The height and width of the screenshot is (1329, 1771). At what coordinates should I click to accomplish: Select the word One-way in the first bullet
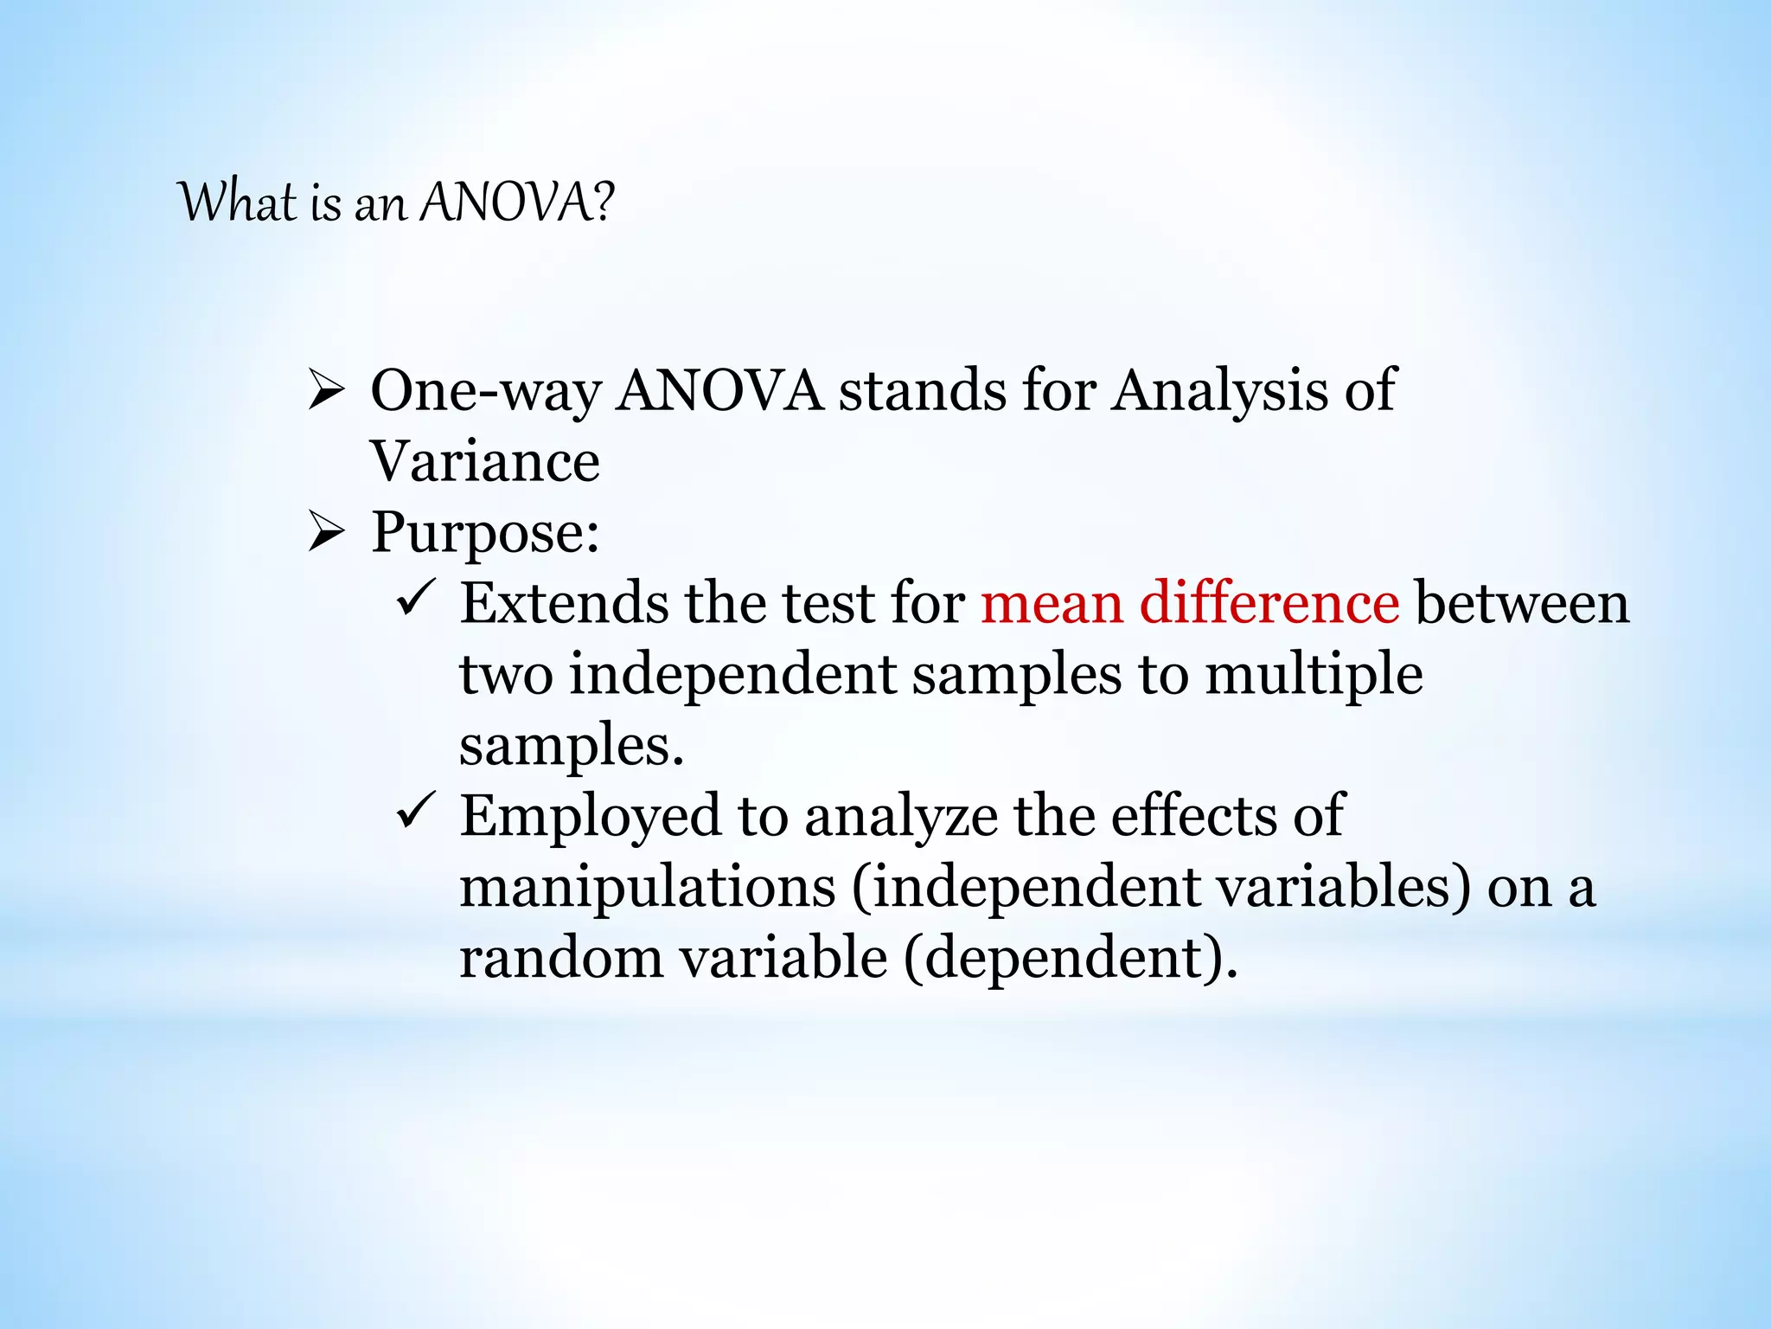pyautogui.click(x=485, y=392)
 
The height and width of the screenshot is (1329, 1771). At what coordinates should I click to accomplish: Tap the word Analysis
pyautogui.click(x=1219, y=392)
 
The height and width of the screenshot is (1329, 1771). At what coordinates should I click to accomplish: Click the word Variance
pyautogui.click(x=485, y=461)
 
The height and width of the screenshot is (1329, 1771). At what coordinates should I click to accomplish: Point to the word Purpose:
pyautogui.click(x=485, y=533)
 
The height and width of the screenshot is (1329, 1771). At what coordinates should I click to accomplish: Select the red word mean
pyautogui.click(x=1052, y=603)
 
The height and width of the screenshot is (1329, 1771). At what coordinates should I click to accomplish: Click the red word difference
pyautogui.click(x=1269, y=603)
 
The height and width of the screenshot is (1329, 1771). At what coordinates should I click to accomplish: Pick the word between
pyautogui.click(x=1522, y=603)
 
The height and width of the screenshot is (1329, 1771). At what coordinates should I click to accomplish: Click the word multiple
pyautogui.click(x=1314, y=676)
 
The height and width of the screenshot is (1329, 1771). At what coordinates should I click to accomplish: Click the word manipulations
pyautogui.click(x=648, y=889)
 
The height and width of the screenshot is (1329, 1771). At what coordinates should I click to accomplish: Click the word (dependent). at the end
pyautogui.click(x=1071, y=960)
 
